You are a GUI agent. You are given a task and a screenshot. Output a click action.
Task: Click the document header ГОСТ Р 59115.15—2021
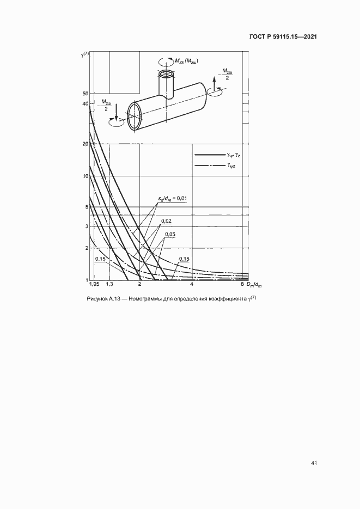(283, 36)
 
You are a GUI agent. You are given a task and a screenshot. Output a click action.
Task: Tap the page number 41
(314, 463)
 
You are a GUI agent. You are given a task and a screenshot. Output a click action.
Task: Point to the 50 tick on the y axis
(86, 94)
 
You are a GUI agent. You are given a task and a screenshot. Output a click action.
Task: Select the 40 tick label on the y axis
(86, 103)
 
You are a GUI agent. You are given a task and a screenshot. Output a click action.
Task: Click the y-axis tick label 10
(86, 176)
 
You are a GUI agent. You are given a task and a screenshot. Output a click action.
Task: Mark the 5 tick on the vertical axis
(87, 207)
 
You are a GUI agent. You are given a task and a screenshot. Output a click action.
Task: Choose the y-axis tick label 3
(87, 226)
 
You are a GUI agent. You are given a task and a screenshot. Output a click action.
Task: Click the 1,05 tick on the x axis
(94, 285)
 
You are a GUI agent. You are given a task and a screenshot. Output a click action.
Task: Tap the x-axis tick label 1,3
(109, 285)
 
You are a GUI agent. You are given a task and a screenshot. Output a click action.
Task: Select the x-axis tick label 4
(192, 285)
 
